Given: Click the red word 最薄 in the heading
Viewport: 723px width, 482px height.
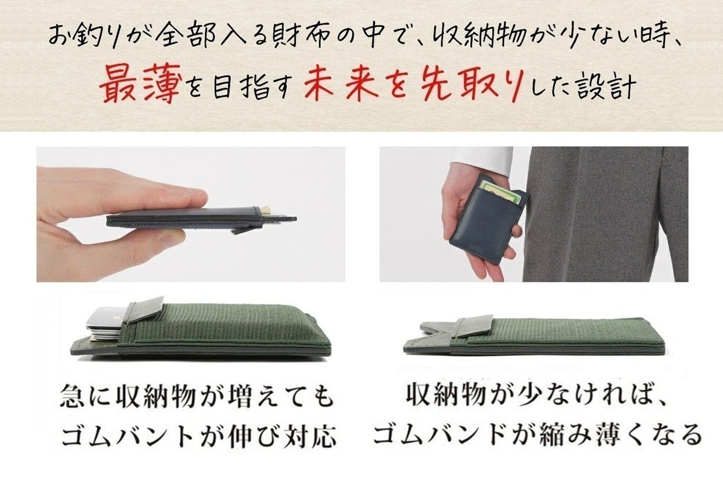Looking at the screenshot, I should [x=138, y=84].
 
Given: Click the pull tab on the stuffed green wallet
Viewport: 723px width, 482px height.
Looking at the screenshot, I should [x=146, y=308].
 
